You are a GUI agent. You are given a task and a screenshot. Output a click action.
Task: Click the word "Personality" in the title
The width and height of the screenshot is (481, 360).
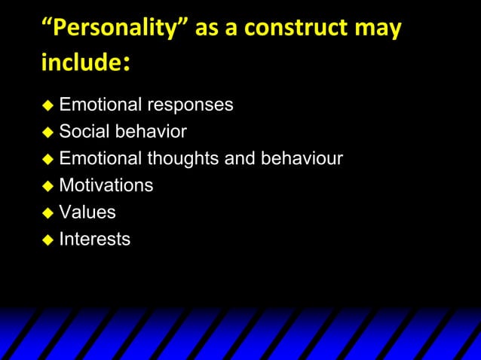[110, 29]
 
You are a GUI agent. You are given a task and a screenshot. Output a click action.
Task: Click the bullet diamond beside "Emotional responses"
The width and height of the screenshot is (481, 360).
[47, 105]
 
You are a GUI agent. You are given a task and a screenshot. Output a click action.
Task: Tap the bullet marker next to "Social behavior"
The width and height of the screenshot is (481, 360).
[47, 133]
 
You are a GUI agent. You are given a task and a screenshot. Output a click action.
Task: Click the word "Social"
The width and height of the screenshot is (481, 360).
[84, 132]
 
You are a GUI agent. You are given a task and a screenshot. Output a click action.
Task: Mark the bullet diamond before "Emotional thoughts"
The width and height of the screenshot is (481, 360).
[47, 160]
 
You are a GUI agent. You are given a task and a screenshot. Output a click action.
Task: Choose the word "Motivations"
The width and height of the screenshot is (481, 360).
[106, 185]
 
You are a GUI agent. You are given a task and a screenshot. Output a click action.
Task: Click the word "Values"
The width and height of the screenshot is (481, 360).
[87, 212]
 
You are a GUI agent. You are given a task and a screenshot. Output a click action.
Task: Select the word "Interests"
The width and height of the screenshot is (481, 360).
[94, 239]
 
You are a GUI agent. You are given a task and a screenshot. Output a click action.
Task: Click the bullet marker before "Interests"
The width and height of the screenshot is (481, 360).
[47, 240]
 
